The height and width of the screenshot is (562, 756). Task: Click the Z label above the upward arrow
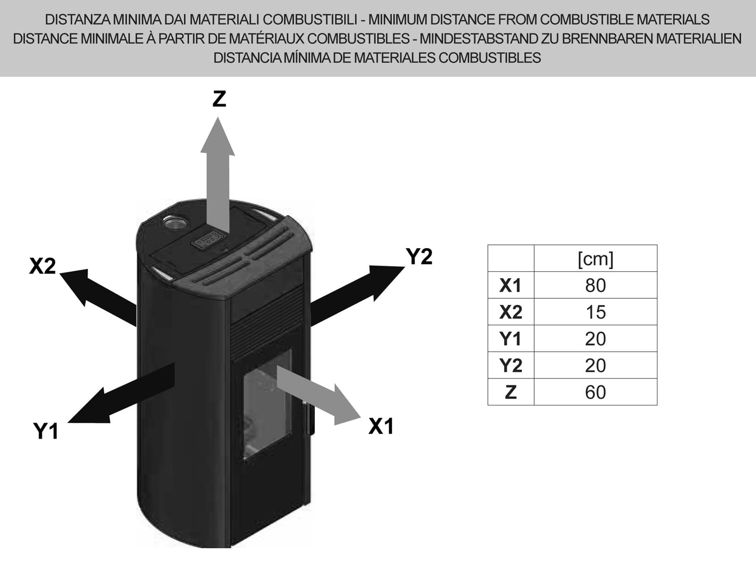pos(219,99)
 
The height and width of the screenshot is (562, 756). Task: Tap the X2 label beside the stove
pos(42,266)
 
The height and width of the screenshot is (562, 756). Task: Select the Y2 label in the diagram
pos(419,257)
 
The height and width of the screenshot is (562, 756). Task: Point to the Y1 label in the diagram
pos(46,431)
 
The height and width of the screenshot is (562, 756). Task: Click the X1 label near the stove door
pos(381,426)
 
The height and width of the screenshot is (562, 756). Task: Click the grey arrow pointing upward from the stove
pos(218,174)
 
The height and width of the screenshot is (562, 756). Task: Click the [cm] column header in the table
pos(595,259)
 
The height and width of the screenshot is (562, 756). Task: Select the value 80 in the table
pos(595,285)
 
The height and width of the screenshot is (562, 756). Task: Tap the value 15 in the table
pos(595,312)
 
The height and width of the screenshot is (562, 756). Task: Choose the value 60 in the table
pos(595,392)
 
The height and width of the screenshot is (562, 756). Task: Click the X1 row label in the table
pos(510,285)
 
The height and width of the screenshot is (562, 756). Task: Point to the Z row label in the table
pos(510,392)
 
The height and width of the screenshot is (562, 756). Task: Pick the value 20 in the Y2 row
pos(595,366)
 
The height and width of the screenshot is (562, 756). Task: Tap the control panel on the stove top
pos(209,240)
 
